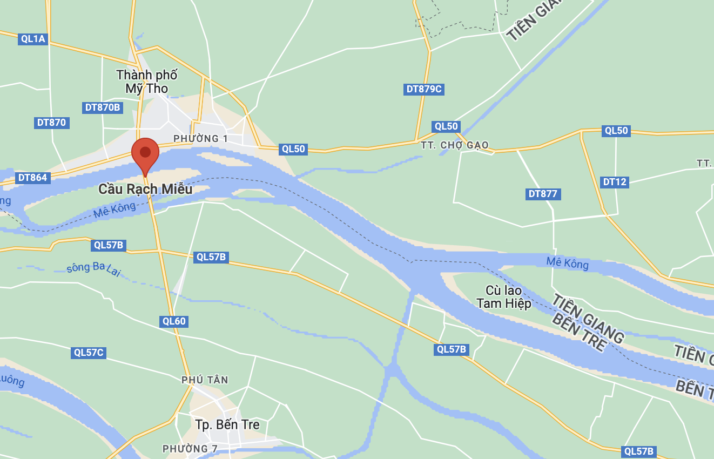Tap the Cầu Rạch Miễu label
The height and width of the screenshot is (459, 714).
coord(145,190)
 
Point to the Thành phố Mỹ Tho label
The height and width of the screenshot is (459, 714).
coord(147,82)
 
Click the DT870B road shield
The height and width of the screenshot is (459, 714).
coord(103,107)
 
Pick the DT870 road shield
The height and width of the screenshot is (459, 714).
coord(51,123)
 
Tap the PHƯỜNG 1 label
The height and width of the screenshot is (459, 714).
coord(200,139)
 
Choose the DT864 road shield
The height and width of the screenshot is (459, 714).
coord(32,178)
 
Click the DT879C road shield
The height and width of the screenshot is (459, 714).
coord(424,89)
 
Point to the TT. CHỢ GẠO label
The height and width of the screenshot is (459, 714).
coord(455,145)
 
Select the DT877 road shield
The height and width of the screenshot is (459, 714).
coord(543,194)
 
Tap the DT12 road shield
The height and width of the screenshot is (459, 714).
coord(615,182)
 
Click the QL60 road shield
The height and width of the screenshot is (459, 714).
coord(174,321)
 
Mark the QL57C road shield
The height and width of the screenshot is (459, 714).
coord(89,353)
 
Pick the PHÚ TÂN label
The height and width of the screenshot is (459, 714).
coord(205,380)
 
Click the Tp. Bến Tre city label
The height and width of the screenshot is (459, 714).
coord(227,424)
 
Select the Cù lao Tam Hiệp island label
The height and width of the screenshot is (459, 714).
coord(504,297)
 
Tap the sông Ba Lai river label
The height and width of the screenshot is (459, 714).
coord(93,269)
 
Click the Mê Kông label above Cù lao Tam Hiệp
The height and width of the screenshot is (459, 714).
coord(568,263)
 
